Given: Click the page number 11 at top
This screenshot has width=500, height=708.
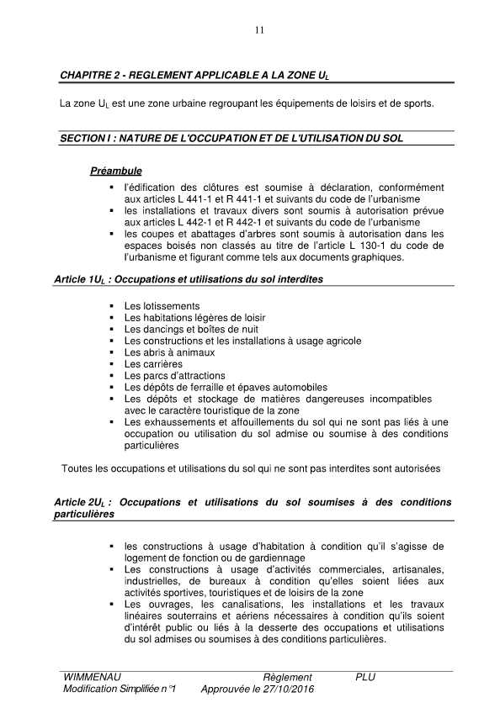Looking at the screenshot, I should click(258, 31).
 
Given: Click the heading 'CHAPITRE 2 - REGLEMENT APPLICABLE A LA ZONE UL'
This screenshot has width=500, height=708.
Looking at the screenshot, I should click(194, 76).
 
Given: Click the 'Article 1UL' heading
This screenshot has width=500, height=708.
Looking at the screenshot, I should click(191, 277).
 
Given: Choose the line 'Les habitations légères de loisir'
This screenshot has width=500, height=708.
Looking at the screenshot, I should click(193, 318).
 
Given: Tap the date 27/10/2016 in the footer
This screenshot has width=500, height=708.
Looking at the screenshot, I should click(282, 689).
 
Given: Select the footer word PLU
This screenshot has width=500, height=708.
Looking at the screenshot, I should click(366, 677).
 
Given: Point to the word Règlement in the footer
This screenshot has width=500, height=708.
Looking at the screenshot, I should click(287, 677).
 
